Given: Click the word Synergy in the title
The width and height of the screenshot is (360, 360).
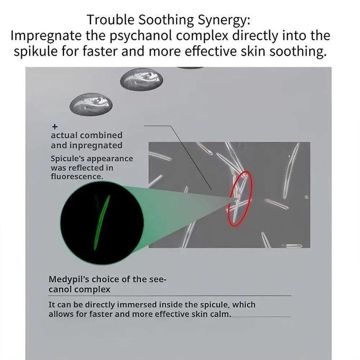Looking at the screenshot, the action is point(224,20).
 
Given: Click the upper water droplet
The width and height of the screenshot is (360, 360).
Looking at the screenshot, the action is point(142,79).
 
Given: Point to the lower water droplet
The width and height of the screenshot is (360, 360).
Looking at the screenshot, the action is point(91,104).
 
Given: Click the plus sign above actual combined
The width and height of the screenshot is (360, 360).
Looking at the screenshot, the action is point(54,127).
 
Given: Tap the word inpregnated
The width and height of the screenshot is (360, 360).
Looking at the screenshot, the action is point(96,146).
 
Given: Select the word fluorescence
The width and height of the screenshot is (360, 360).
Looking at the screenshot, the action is point(77,176).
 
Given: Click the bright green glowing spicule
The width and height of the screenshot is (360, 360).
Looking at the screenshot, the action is point(102,222).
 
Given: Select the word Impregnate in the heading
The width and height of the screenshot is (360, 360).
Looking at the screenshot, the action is point(46,36).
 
